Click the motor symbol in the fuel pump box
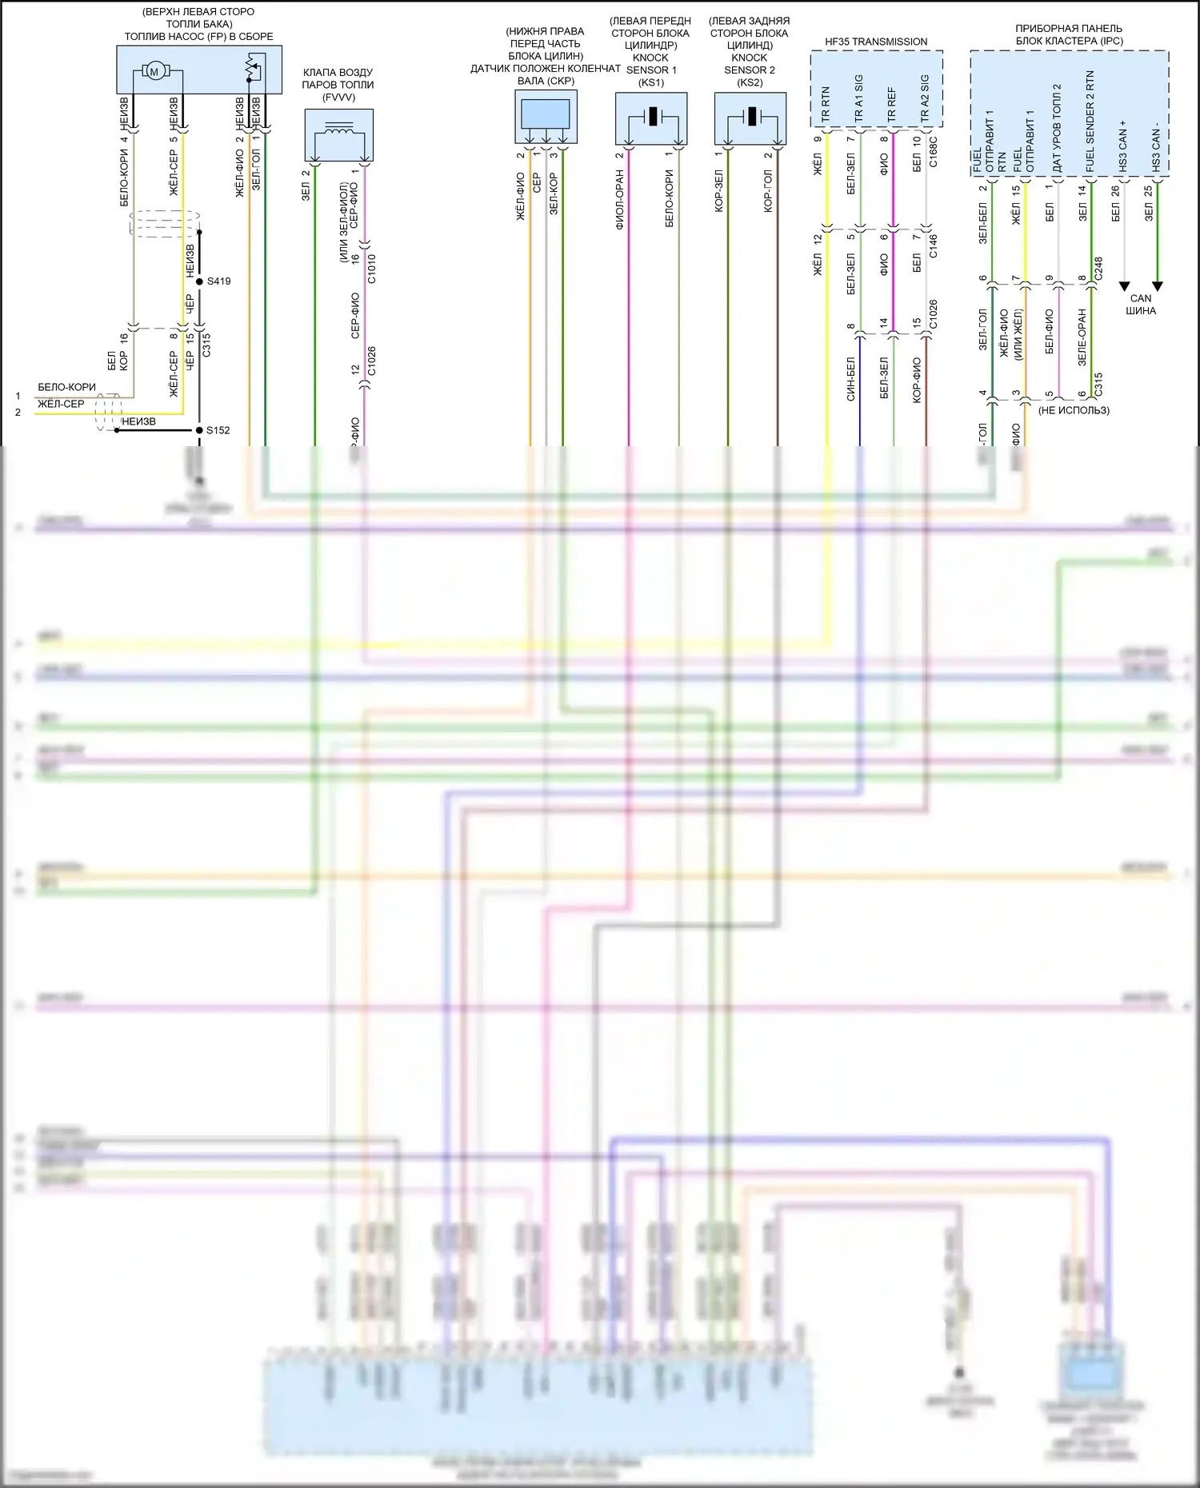coord(154,72)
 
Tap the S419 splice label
coord(218,281)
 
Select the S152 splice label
coord(218,430)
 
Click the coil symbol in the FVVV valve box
coord(339,130)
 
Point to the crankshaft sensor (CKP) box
coord(546,117)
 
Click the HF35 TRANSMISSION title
coord(876,42)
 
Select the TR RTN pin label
coord(826,106)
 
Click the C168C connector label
coord(934,153)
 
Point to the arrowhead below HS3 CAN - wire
coord(1157,286)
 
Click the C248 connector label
coord(1098,268)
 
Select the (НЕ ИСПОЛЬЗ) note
coord(1074,410)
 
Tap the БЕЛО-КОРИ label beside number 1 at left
coord(66,387)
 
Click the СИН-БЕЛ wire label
coord(851,379)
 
